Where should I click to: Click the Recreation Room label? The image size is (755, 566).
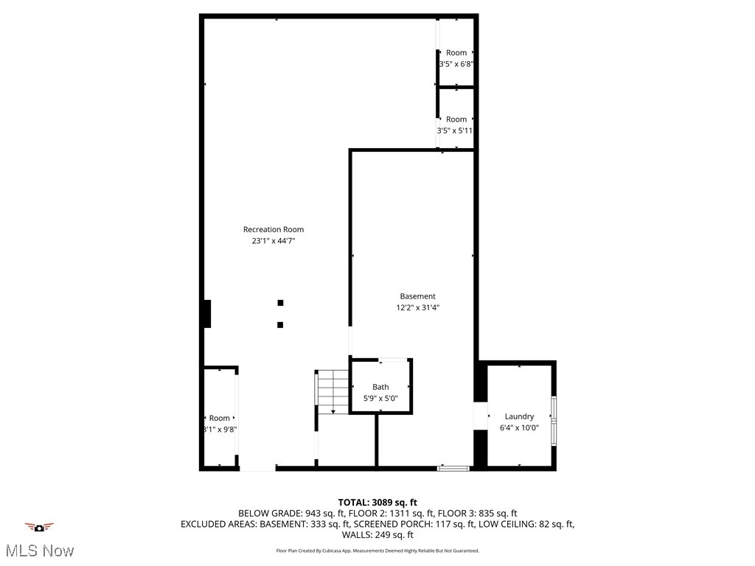click(x=273, y=229)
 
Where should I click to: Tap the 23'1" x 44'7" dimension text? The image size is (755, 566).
click(x=273, y=241)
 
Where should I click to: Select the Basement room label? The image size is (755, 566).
click(x=417, y=296)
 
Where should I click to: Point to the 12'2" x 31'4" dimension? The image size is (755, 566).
click(x=417, y=308)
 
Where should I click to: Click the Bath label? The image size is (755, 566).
click(x=380, y=387)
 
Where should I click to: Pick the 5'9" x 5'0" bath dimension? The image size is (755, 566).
click(x=380, y=399)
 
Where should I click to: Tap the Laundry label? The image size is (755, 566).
click(x=519, y=416)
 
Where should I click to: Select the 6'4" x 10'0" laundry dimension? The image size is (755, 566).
click(x=519, y=427)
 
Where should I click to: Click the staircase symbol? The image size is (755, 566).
click(x=332, y=391)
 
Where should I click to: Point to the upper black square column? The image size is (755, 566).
click(x=280, y=302)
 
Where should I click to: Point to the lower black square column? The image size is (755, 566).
click(x=280, y=324)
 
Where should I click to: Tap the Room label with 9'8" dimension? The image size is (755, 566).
click(x=219, y=418)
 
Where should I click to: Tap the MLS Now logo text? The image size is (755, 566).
click(x=40, y=551)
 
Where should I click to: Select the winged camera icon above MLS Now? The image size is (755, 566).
click(x=40, y=527)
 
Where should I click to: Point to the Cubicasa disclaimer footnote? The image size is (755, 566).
click(x=377, y=551)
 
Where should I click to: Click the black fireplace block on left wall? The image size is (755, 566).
click(x=207, y=314)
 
